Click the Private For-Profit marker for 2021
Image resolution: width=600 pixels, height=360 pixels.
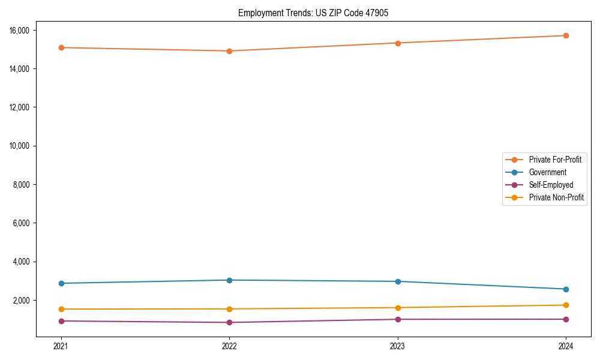61,47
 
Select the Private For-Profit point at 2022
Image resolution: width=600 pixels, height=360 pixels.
229,51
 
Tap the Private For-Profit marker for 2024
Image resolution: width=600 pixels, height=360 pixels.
566,35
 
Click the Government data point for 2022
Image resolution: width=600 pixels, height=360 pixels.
229,280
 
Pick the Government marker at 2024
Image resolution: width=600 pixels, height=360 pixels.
566,289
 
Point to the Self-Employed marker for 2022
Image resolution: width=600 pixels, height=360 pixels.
229,322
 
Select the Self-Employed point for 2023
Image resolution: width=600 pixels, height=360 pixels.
398,319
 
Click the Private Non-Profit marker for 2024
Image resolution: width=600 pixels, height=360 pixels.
566,305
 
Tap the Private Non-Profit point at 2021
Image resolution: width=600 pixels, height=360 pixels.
61,309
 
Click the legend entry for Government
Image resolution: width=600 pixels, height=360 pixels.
547,172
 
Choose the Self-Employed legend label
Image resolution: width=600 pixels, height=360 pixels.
551,185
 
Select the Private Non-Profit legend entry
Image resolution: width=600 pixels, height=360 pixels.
556,197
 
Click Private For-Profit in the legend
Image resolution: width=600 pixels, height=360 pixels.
555,160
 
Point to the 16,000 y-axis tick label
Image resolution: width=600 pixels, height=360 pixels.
24,31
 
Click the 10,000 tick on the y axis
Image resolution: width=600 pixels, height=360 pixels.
24,146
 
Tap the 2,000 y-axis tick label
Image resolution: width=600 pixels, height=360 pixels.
26,300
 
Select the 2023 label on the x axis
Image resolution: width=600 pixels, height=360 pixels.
398,346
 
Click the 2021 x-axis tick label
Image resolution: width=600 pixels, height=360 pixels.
61,346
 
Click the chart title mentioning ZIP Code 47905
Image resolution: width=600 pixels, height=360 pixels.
313,13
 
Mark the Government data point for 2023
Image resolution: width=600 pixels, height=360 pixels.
398,281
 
